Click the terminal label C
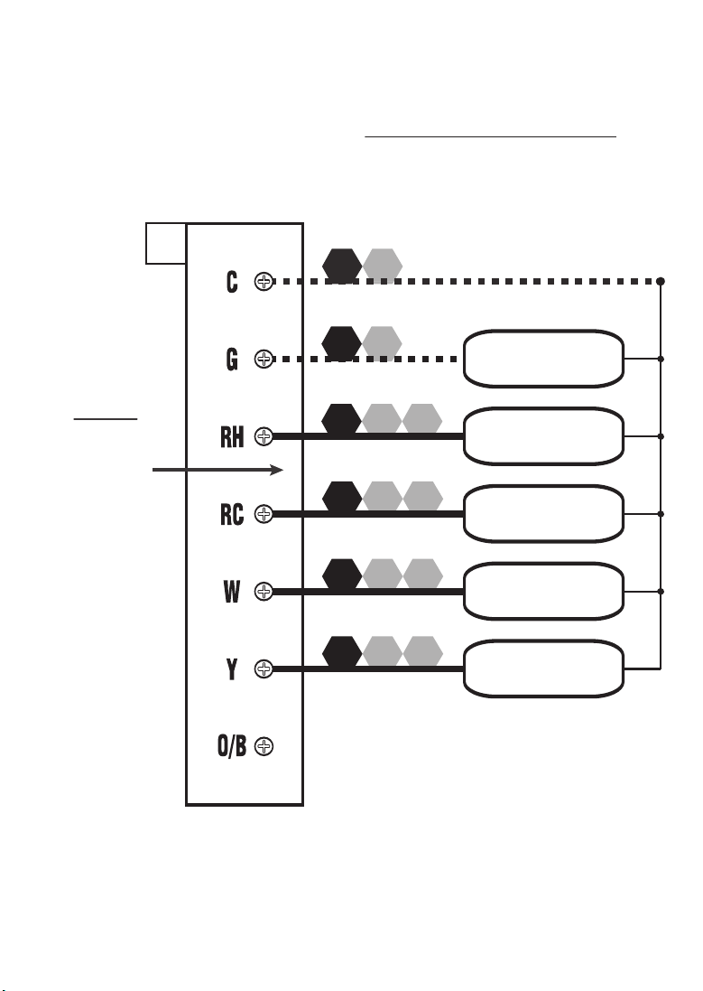coord(232,282)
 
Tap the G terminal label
coord(232,360)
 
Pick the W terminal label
coord(231,592)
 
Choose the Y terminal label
coord(233,669)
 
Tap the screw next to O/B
coord(264,747)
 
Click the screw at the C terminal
coord(264,282)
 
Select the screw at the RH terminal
coord(264,437)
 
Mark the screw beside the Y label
coord(264,669)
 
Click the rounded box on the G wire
coord(543,359)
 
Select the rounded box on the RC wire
coord(543,514)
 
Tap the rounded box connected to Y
coord(543,669)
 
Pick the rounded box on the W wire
coord(543,592)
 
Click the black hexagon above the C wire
coord(342,263)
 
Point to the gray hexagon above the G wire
coord(382,341)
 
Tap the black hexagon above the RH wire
coord(342,418)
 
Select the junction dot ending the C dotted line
coord(661,282)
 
